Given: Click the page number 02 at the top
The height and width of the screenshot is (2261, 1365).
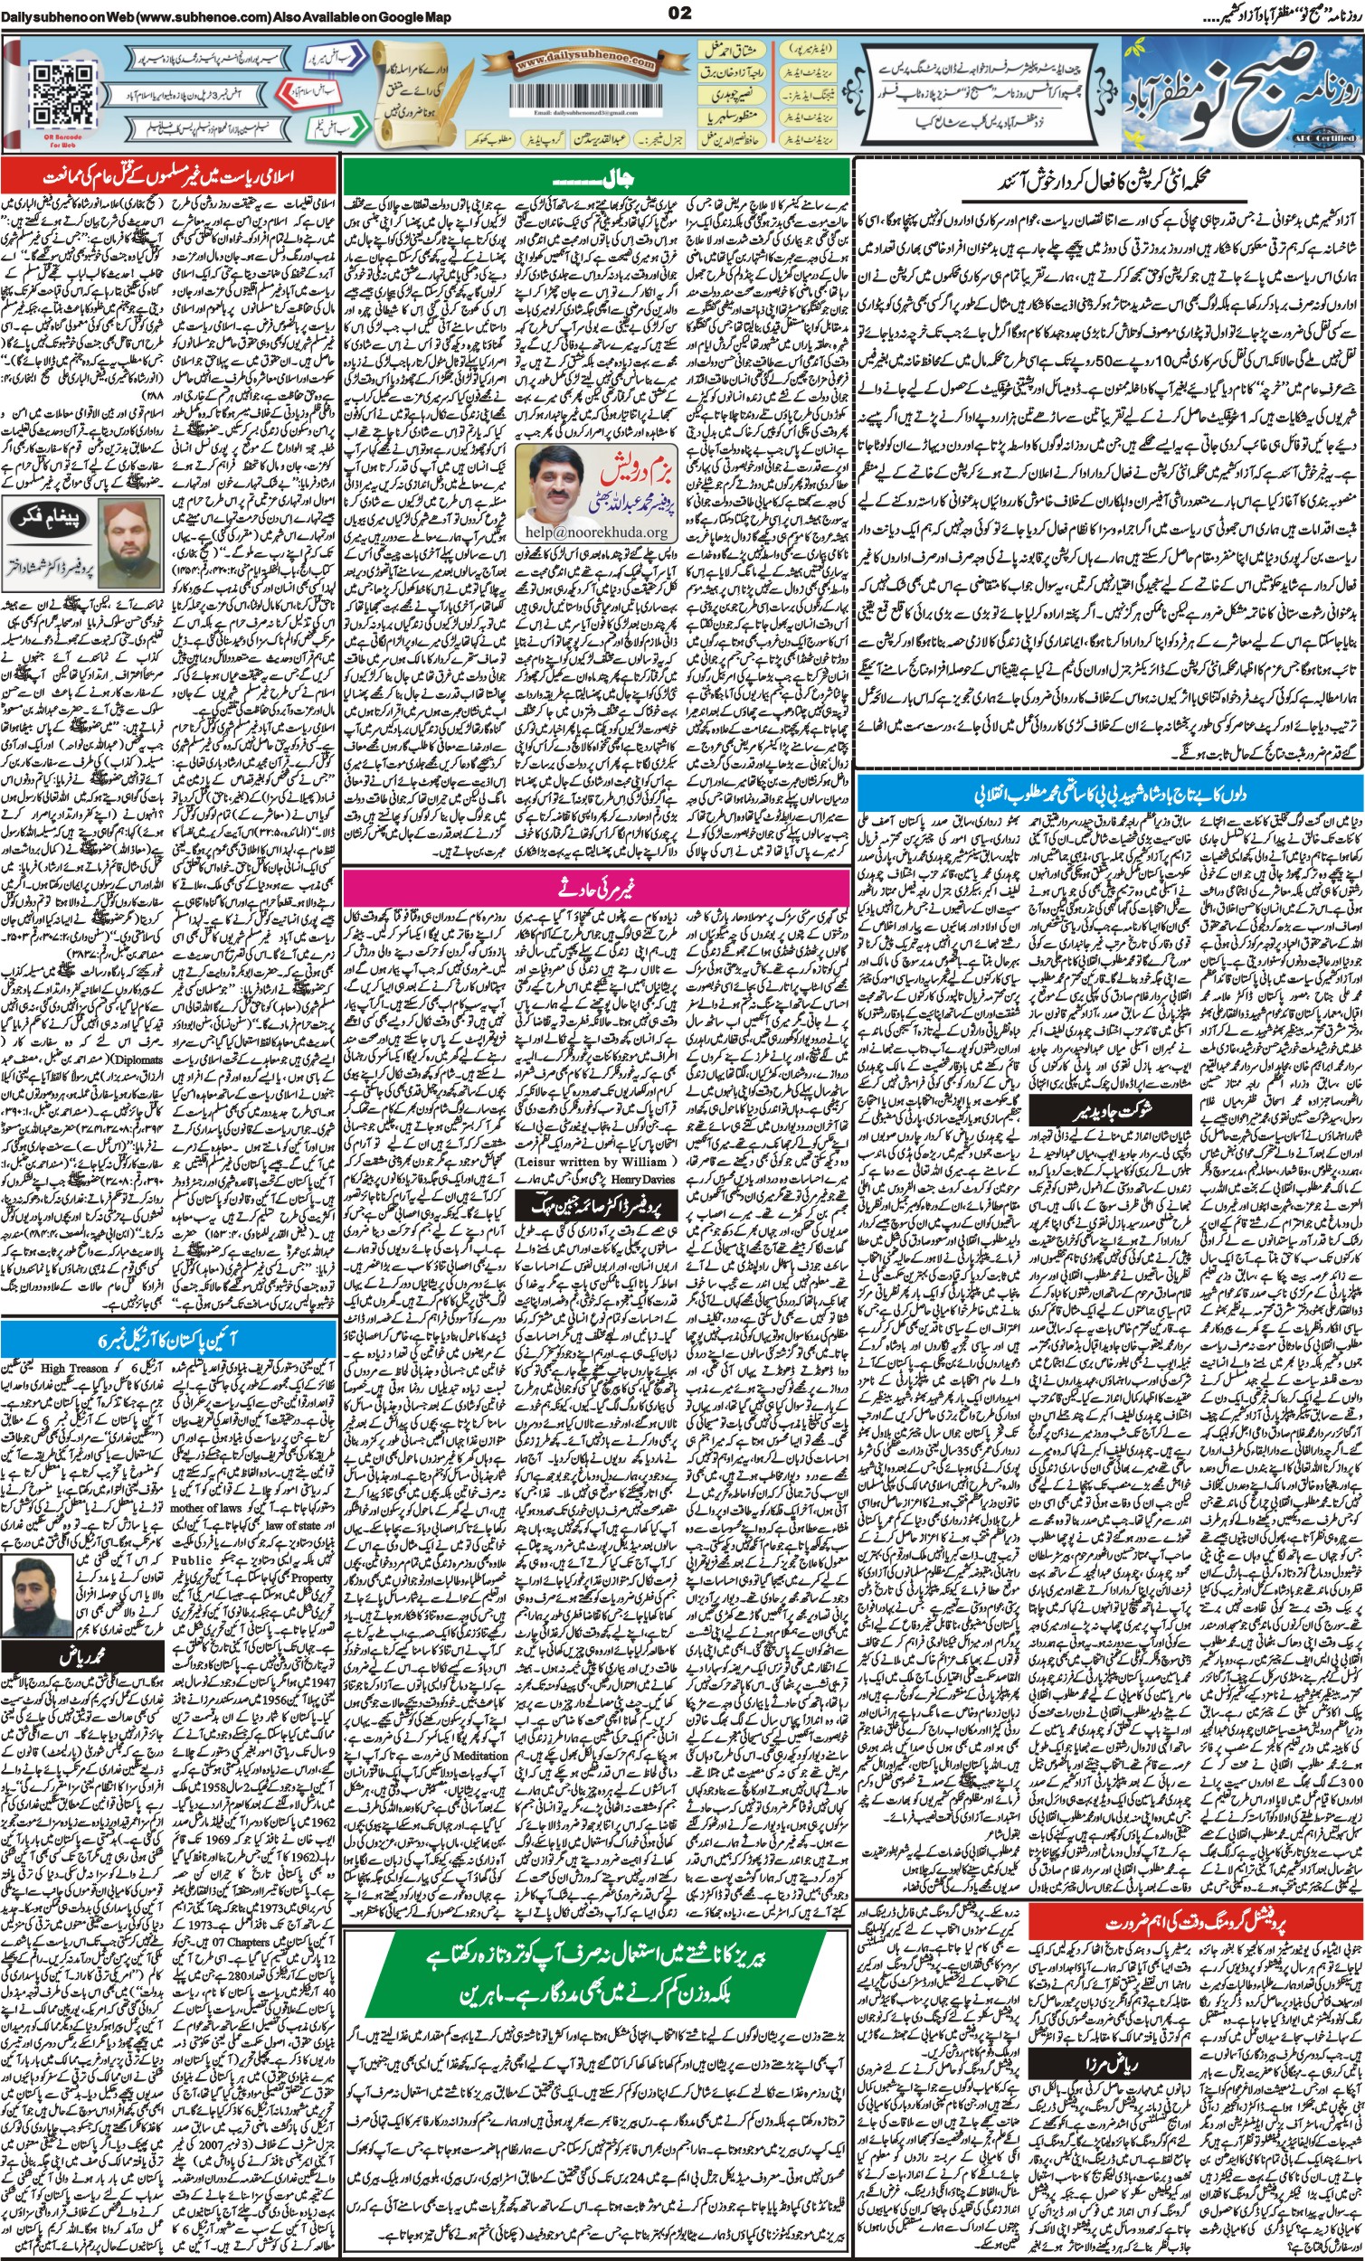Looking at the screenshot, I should pos(680,12).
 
